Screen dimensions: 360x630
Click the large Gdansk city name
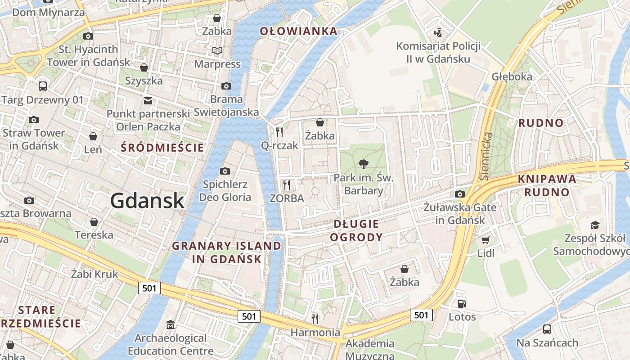point(147,201)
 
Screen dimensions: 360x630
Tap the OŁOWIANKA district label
point(298,31)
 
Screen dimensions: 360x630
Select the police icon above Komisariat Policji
point(437,32)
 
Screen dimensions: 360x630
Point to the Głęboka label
point(512,76)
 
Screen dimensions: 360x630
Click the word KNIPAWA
point(547,179)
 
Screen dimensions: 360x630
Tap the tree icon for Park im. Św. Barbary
point(363,164)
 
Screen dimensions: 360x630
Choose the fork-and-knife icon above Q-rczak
point(279,132)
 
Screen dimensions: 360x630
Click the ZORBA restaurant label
point(287,198)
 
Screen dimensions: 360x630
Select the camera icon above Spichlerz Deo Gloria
point(225,171)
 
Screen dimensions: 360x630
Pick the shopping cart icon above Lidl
point(485,240)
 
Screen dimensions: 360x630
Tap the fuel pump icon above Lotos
point(462,304)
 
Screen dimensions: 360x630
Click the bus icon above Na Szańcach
point(547,329)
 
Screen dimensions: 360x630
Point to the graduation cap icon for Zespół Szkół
point(595,225)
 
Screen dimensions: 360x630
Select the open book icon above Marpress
point(217,50)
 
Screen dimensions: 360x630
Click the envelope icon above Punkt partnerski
point(148,100)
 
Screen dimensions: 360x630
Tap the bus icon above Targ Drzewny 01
point(43,86)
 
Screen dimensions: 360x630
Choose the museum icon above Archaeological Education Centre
point(171,324)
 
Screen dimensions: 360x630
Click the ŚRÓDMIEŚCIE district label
point(162,148)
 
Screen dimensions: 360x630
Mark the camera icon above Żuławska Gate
point(460,194)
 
